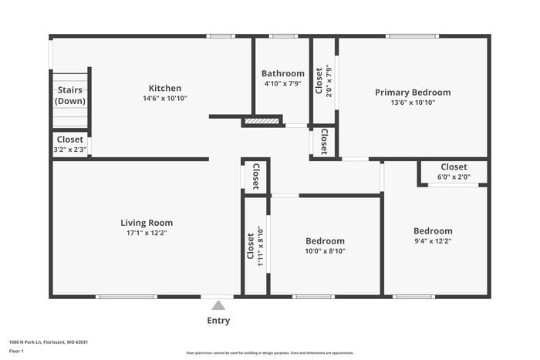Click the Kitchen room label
(x=165, y=88)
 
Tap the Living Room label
(x=147, y=223)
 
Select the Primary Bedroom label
(x=413, y=93)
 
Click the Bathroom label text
(x=283, y=73)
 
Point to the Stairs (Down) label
(x=69, y=96)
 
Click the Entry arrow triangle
(x=218, y=305)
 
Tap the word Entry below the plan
(x=218, y=321)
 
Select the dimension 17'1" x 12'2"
(x=147, y=233)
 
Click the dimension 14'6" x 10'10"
(x=165, y=99)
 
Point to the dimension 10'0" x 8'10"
(x=325, y=251)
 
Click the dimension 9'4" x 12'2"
(x=433, y=241)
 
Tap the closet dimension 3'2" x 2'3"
(x=70, y=150)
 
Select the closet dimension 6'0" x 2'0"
(x=454, y=177)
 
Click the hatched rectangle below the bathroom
(x=261, y=121)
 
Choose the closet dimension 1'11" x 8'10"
(x=262, y=246)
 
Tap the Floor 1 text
(x=16, y=351)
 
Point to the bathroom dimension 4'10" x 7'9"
(x=283, y=83)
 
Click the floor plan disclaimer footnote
(x=269, y=352)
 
